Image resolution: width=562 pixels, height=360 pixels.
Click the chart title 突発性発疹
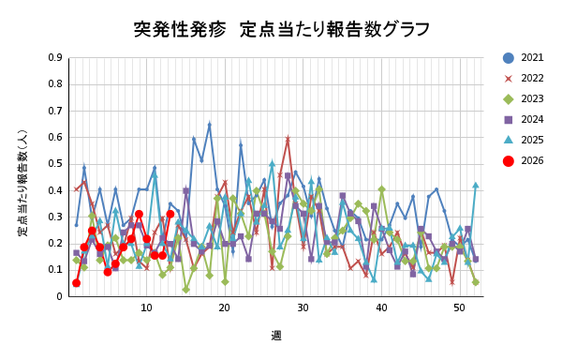coord(282,29)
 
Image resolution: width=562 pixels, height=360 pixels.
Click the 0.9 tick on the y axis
coord(55,57)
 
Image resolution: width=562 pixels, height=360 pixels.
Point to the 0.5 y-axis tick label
coord(55,164)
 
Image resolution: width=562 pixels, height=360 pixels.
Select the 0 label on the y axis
coord(59,296)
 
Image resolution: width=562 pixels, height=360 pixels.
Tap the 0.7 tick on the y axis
coord(55,111)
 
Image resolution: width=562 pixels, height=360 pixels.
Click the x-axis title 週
coord(276,336)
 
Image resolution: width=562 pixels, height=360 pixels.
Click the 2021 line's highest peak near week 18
coord(209,124)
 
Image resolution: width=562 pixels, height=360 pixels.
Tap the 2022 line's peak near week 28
coord(288,139)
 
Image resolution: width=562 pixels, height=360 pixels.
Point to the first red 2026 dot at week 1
coord(76,283)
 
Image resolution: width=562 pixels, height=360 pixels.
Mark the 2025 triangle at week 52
coord(475,185)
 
